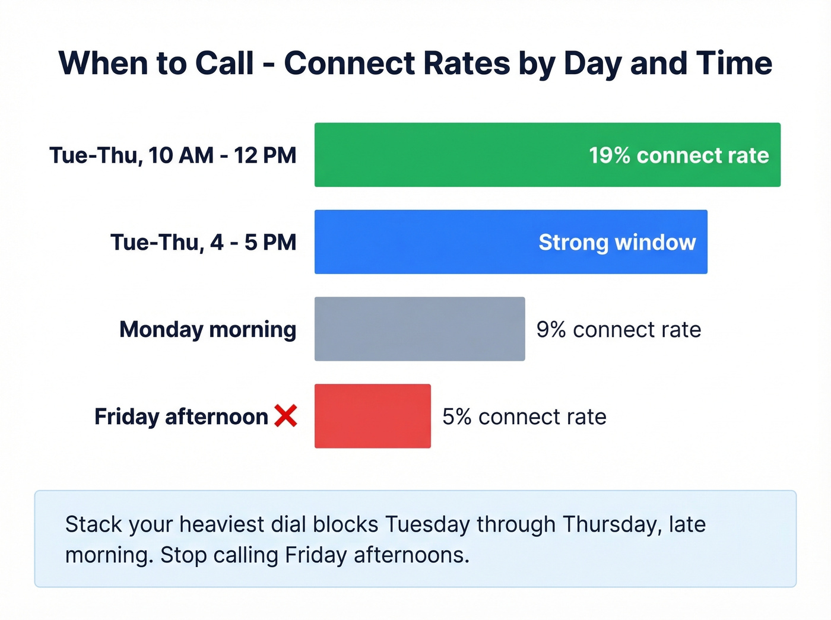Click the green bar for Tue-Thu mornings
coord(451,155)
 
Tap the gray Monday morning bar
coord(420,329)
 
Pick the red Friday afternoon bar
coord(373,416)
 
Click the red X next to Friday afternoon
coord(286,416)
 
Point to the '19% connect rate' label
coord(678,155)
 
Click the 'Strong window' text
coord(617,243)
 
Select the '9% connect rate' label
coord(619,330)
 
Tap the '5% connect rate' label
coord(524,417)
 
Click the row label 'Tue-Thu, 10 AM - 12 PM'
coord(173,155)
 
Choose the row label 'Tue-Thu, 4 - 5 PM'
coord(203,243)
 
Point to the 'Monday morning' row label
coord(208,329)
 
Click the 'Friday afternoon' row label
coord(181,416)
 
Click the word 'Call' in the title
coord(224,63)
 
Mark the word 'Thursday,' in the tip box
coord(612,524)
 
